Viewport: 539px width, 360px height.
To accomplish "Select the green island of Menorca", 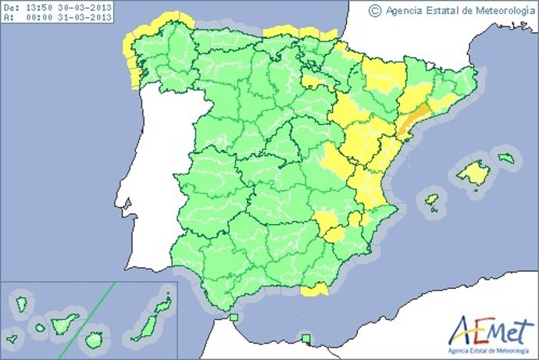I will (x=508, y=159).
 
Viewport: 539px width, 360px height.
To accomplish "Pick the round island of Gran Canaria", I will (x=95, y=340).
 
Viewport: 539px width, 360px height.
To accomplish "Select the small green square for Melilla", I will (x=307, y=337).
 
